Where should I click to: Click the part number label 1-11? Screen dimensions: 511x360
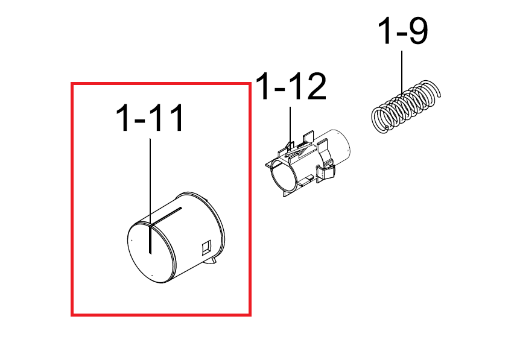tap(150, 118)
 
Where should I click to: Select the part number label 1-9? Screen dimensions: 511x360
tap(403, 31)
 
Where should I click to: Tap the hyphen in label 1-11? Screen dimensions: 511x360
tap(139, 120)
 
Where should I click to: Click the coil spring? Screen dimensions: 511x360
tap(406, 107)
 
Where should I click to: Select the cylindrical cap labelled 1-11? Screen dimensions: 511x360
tap(176, 237)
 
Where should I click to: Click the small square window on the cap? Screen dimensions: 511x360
tap(206, 248)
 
